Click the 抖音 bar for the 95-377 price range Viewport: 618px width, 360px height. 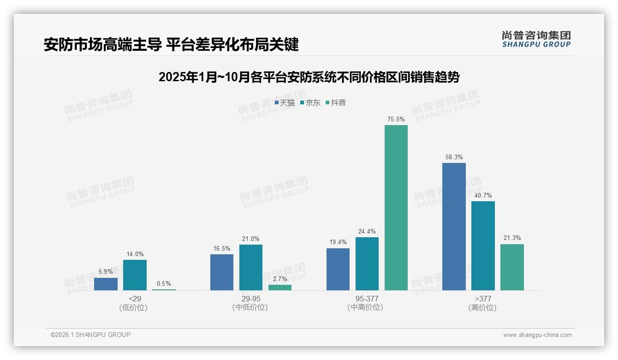(396, 208)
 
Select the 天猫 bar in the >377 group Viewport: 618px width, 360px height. (454, 227)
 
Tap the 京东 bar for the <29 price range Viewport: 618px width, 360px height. (135, 275)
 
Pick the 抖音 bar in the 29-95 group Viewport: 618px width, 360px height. (280, 288)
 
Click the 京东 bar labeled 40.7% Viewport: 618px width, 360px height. (483, 246)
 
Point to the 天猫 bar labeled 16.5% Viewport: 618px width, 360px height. (222, 272)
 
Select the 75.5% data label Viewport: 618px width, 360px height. (396, 120)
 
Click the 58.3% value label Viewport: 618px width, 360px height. (454, 157)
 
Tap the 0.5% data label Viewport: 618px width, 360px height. (164, 284)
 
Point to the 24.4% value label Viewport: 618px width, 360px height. (367, 232)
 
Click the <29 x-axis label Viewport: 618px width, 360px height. (135, 299)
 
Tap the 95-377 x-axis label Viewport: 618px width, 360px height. (367, 299)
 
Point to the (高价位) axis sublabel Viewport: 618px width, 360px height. (482, 308)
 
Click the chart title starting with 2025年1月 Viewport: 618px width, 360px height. (309, 77)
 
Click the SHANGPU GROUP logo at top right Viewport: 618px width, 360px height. (536, 39)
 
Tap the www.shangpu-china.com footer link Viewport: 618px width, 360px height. (537, 335)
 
